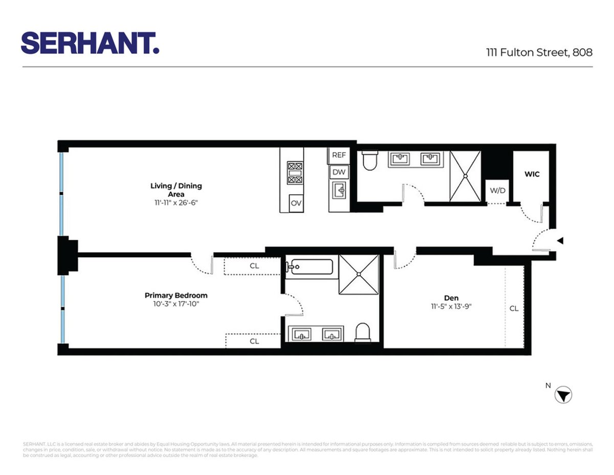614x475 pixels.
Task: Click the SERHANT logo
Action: pyautogui.click(x=90, y=43)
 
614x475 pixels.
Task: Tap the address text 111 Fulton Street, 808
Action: pyautogui.click(x=539, y=52)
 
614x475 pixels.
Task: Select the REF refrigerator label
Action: pyautogui.click(x=339, y=155)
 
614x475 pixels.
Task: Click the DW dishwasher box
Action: pyautogui.click(x=339, y=172)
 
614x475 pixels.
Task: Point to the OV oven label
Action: pyautogui.click(x=296, y=203)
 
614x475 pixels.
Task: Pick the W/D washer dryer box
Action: pyautogui.click(x=497, y=191)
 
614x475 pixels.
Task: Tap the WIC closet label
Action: pyautogui.click(x=532, y=174)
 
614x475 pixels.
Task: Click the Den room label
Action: pyautogui.click(x=451, y=298)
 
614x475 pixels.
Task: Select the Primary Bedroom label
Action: pyautogui.click(x=176, y=295)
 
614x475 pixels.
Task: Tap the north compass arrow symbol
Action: pyautogui.click(x=563, y=395)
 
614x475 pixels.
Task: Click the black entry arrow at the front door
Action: pyautogui.click(x=560, y=240)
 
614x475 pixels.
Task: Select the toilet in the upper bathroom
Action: pyautogui.click(x=369, y=161)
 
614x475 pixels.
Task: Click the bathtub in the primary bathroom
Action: pyautogui.click(x=310, y=267)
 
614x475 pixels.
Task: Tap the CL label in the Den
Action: pyautogui.click(x=514, y=308)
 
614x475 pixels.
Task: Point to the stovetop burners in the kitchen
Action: pyautogui.click(x=295, y=172)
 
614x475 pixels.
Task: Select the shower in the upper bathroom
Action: pyautogui.click(x=465, y=176)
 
